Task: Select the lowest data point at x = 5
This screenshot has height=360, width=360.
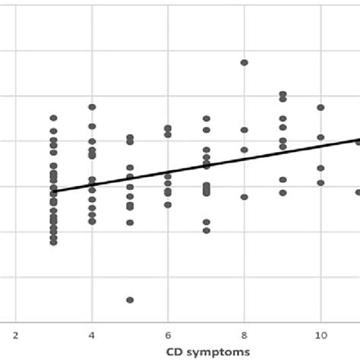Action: (130, 300)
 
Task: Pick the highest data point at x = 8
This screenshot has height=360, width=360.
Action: (244, 63)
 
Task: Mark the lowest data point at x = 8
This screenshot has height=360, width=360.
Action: (244, 197)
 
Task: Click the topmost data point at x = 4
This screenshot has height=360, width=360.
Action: (92, 107)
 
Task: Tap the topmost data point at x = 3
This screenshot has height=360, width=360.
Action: (53, 118)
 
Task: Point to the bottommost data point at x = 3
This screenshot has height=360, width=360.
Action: (53, 242)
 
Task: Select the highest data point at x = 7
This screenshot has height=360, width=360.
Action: (206, 118)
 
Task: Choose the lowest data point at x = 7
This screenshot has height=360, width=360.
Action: (206, 230)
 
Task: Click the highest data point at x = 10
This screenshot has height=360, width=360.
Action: (321, 108)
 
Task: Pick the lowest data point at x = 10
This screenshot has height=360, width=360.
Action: (321, 182)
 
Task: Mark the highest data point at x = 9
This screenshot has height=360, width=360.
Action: (283, 94)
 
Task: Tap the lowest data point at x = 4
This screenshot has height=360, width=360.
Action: (92, 222)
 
